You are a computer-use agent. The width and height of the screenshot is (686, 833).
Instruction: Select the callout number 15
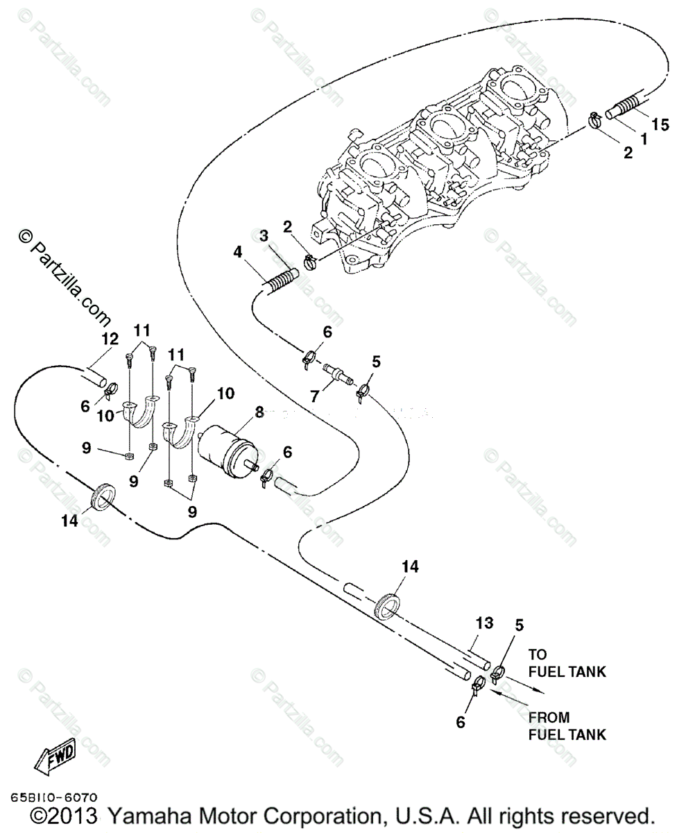(661, 125)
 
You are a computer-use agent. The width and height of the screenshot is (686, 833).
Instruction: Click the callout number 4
(238, 253)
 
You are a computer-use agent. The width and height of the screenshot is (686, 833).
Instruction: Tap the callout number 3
(264, 236)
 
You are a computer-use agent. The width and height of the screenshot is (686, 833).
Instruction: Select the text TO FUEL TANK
(567, 663)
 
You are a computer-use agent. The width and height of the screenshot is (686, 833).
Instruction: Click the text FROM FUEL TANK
(567, 725)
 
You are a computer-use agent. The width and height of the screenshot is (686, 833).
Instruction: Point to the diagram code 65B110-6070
(54, 799)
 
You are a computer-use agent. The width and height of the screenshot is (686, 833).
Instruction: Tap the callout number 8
(259, 412)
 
